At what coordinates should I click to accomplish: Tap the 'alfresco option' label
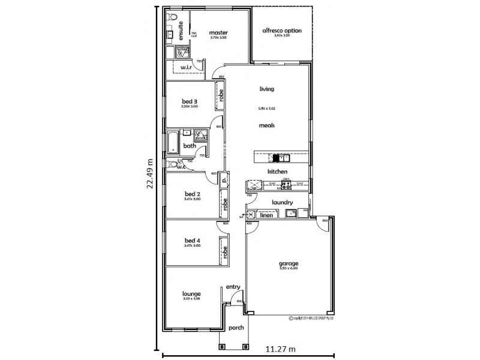tap(282, 31)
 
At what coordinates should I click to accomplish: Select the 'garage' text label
tap(288, 264)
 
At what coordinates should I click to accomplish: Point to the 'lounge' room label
tap(191, 293)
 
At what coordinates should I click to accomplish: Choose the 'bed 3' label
tap(190, 101)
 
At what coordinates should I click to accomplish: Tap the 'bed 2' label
tap(191, 194)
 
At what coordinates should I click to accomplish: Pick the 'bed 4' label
tap(191, 241)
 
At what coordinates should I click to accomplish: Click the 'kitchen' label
tap(277, 172)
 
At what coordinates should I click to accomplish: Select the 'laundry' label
tap(281, 202)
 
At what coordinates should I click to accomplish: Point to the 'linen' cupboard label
tap(269, 215)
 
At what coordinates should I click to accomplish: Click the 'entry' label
tap(232, 287)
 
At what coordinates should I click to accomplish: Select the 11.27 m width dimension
tap(278, 349)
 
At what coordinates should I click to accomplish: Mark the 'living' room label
tap(266, 89)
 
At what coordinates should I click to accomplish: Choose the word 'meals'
tap(267, 125)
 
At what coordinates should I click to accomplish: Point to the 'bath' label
tap(190, 146)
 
